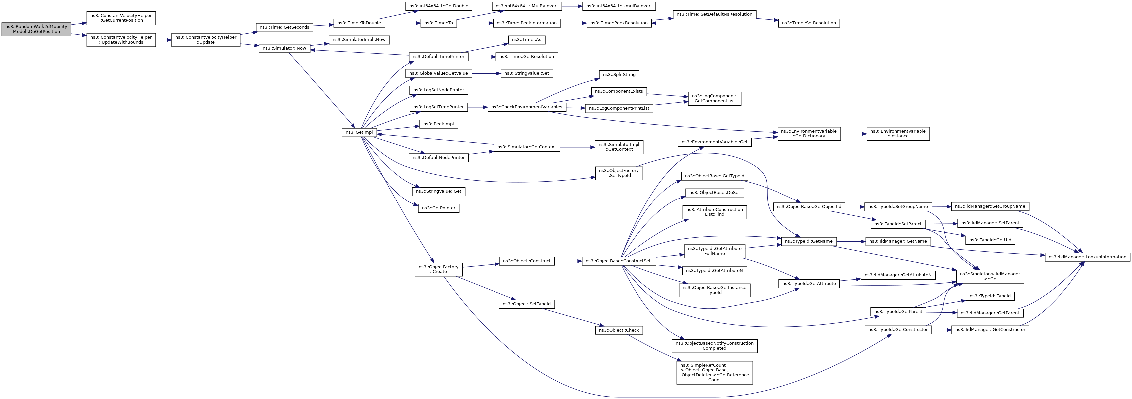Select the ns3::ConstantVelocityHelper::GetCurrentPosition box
point(121,18)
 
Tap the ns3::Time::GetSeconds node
point(284,27)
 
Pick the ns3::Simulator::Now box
point(284,48)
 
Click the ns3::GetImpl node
point(359,132)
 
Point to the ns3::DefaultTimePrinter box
point(439,57)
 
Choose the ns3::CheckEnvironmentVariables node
point(526,107)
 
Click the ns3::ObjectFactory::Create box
point(439,269)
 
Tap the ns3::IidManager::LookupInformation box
point(1087,257)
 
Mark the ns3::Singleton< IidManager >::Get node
point(990,276)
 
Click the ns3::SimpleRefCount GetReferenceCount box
point(715,373)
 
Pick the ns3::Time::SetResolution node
point(809,23)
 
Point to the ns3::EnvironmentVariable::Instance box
point(898,134)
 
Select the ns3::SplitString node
point(619,75)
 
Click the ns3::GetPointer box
point(439,208)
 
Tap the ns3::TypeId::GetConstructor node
point(898,330)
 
